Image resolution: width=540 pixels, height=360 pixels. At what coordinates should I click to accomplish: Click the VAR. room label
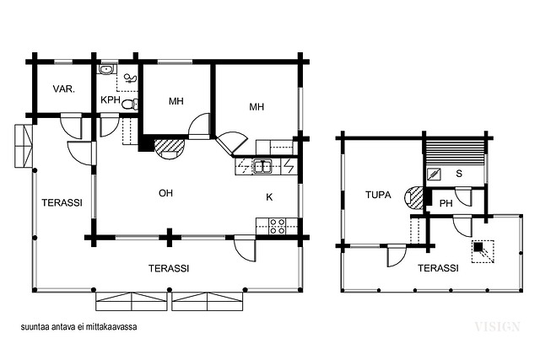[x=64, y=89]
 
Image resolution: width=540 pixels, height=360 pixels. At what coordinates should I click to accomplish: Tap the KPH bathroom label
[x=111, y=100]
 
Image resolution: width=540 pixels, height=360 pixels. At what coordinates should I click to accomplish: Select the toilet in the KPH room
[x=130, y=105]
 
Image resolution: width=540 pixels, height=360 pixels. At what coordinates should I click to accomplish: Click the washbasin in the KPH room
[x=107, y=70]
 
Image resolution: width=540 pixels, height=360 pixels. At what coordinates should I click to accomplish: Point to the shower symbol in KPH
[x=130, y=78]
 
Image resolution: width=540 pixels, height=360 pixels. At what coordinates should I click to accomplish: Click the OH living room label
[x=165, y=193]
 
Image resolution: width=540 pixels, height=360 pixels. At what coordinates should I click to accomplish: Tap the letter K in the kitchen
[x=269, y=197]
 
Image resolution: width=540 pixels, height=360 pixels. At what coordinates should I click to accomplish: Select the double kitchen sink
[x=262, y=166]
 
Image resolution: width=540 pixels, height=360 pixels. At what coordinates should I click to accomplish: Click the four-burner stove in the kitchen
[x=277, y=226]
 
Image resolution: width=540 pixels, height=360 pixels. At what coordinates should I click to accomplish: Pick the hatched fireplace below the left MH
[x=169, y=148]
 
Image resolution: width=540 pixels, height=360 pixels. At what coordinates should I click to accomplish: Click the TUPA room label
[x=378, y=195]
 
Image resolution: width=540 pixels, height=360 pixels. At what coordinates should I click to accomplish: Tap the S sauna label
[x=459, y=174]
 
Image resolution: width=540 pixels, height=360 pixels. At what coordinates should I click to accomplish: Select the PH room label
[x=446, y=204]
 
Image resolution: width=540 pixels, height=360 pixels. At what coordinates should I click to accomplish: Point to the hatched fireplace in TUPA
[x=413, y=198]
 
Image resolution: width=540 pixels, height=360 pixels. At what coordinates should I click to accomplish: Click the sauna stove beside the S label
[x=434, y=175]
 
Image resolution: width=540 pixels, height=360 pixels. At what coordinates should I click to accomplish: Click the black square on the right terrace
[x=478, y=247]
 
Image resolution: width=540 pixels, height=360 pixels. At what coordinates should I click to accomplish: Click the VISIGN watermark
[x=497, y=326]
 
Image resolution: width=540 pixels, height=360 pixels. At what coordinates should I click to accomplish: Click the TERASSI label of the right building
[x=438, y=268]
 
